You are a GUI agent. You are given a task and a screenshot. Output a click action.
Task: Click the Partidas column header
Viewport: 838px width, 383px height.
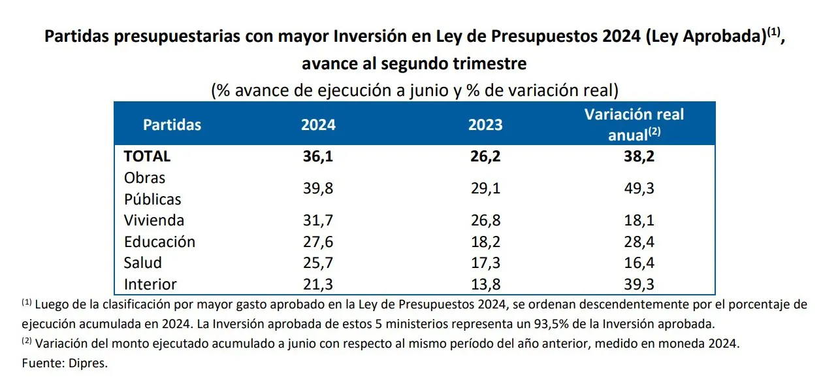click(x=172, y=125)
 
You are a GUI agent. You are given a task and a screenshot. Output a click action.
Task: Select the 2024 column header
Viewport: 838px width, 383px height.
click(x=318, y=125)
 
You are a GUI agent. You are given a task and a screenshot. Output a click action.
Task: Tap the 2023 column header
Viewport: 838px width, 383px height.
click(x=485, y=125)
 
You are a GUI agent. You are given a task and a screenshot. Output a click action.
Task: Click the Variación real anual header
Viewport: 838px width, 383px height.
click(x=634, y=125)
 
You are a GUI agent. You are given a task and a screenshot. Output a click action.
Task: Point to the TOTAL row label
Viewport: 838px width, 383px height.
click(x=147, y=157)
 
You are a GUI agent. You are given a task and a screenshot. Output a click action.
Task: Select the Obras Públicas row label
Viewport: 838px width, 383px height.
click(x=152, y=188)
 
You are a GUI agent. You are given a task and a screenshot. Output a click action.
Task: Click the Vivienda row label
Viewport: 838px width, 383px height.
click(x=154, y=220)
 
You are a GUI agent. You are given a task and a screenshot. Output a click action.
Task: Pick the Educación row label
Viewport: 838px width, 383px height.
click(x=159, y=242)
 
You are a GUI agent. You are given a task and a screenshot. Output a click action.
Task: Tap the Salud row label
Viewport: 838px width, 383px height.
click(x=143, y=263)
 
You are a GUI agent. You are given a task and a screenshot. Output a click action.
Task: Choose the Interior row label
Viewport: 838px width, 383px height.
click(x=150, y=284)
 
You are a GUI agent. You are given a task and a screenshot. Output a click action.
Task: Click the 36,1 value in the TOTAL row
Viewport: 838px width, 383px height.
click(x=318, y=157)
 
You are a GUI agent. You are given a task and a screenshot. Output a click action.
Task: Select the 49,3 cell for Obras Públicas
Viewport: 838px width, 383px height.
click(x=639, y=188)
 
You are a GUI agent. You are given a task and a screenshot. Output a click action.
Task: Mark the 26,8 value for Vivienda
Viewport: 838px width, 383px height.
click(x=485, y=220)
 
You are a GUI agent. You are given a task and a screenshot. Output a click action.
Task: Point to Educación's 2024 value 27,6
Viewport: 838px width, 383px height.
click(x=318, y=242)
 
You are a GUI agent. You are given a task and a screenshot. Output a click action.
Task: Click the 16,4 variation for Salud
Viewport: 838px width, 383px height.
click(x=639, y=263)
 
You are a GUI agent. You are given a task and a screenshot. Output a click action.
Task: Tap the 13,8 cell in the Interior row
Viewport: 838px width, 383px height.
click(x=485, y=284)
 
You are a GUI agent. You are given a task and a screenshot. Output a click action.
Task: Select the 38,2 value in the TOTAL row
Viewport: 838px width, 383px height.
click(x=639, y=157)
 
